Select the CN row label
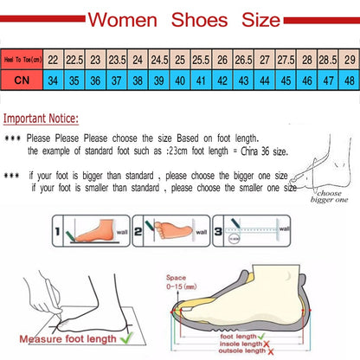[21, 80]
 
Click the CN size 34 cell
[53, 80]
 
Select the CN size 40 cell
[180, 80]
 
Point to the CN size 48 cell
[349, 80]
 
